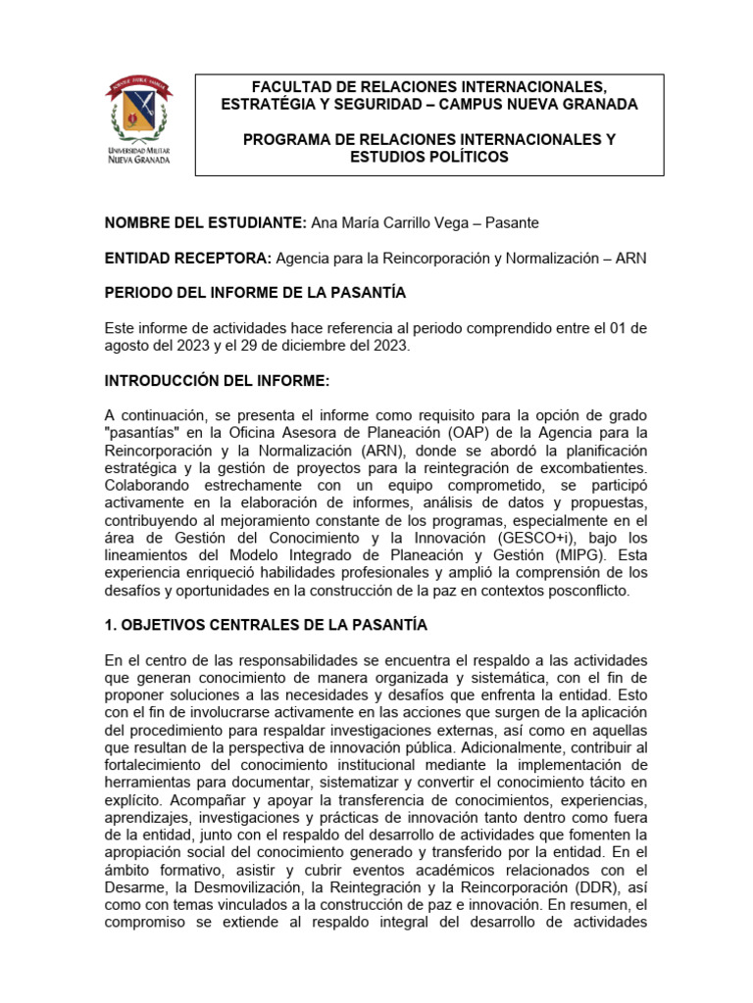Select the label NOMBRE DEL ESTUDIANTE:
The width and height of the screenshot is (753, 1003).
coord(205,223)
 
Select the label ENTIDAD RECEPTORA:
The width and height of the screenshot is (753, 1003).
coord(188,258)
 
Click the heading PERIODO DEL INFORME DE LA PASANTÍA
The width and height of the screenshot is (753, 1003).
coord(255,293)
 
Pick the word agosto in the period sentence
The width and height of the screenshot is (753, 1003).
coord(128,346)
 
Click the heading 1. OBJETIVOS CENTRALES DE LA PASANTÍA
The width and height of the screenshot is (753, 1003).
coord(266,625)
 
